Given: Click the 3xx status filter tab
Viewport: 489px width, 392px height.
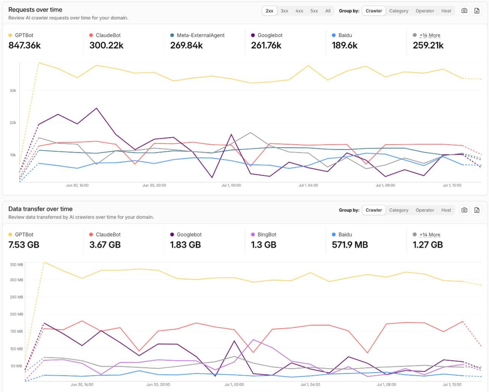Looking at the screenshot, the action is click(284, 11).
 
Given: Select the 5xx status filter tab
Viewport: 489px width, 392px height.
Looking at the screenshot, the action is click(314, 11).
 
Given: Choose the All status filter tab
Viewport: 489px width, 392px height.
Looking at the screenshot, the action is click(328, 11).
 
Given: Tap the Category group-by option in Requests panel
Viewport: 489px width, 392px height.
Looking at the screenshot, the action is click(398, 11).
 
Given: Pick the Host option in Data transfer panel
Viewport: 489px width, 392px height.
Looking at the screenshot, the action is click(446, 210).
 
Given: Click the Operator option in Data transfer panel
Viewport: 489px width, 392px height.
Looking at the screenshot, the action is click(425, 210).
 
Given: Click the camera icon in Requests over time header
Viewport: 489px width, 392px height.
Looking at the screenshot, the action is click(464, 11).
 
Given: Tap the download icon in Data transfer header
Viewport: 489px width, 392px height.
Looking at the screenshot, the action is click(477, 210).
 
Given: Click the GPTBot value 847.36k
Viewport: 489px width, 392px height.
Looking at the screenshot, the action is click(24, 45).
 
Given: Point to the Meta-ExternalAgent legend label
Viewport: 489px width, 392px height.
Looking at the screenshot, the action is click(201, 35).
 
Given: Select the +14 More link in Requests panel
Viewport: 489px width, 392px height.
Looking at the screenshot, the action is click(430, 35).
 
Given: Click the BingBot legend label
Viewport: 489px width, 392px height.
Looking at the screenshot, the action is click(267, 235).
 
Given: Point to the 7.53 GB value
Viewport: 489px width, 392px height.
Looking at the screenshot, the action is click(24, 245).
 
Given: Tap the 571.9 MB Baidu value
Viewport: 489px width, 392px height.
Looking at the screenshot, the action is click(350, 245).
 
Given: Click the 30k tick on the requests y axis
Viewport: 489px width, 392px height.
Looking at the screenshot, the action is click(13, 90).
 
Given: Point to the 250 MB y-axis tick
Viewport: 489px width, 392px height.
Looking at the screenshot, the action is click(16, 297).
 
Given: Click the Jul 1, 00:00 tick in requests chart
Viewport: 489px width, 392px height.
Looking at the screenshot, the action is click(231, 185).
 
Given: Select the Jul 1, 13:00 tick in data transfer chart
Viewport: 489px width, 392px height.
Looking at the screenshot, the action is click(452, 385).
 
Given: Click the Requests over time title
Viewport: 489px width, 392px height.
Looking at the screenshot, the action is click(35, 10).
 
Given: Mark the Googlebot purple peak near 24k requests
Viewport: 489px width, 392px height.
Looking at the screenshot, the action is click(97, 108).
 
